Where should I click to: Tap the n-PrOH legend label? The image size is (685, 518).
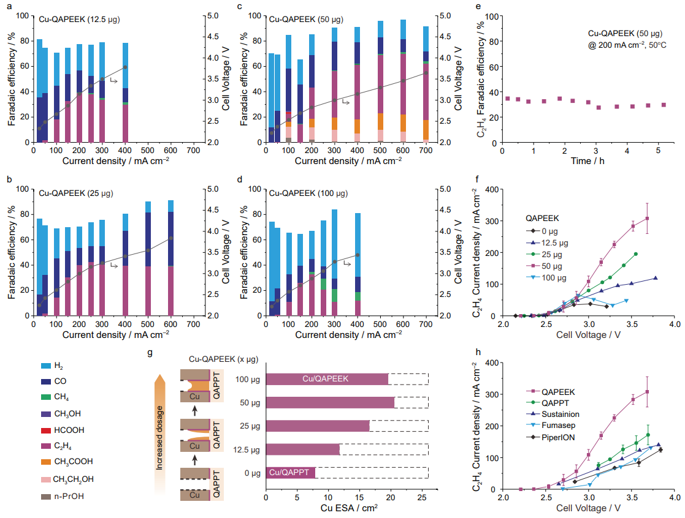tap(69, 496)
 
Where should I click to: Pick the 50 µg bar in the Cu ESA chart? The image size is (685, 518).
tap(329, 402)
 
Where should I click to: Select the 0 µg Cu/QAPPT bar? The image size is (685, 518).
tap(290, 473)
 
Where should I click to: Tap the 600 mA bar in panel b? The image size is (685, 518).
tap(171, 258)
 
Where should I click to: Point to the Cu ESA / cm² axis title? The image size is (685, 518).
tap(346, 508)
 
